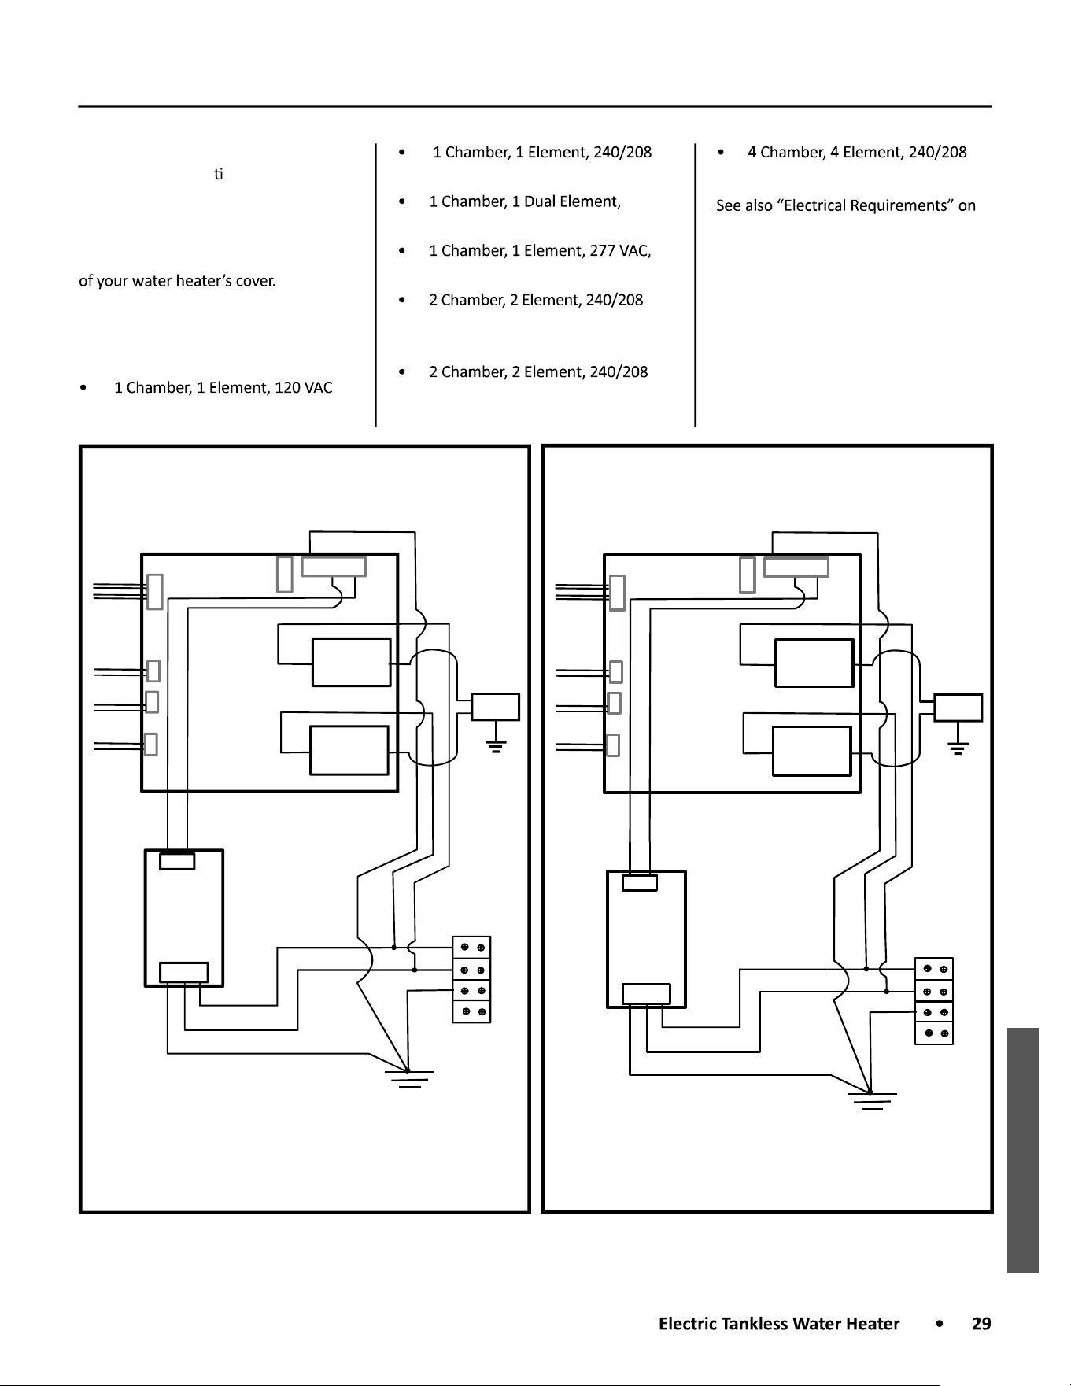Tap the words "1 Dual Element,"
pos(566,201)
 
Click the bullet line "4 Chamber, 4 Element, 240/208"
pos(857,153)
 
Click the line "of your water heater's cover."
pos(177,281)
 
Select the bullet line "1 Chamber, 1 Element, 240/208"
pos(542,153)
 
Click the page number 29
pos(981,1324)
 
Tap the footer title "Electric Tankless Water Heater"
pos(779,1324)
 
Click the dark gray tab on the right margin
pos(1022,1150)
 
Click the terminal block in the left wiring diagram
pos(471,979)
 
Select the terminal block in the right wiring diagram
pos(934,1001)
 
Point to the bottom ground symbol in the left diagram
pos(409,1078)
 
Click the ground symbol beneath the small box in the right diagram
pos(958,748)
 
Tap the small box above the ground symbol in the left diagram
pos(495,707)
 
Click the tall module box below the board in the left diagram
pos(184,918)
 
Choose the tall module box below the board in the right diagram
pos(646,939)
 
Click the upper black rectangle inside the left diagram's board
pos(352,662)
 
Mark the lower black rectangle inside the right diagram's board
pos(812,752)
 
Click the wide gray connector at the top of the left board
pos(334,567)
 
